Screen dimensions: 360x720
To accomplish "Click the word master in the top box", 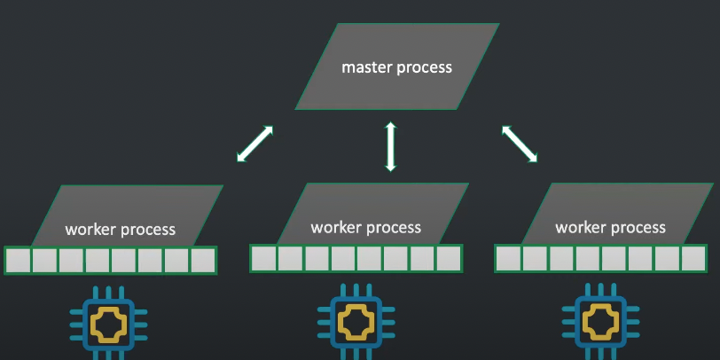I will pos(365,67).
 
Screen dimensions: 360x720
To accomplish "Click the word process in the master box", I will pos(422,68).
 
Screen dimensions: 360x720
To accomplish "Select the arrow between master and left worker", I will pos(254,144).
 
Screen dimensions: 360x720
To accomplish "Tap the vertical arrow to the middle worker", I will pos(388,146).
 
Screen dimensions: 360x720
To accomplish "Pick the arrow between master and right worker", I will pos(520,143).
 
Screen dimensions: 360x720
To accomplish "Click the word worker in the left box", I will pos(89,230).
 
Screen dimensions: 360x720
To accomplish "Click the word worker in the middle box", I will pos(334,228).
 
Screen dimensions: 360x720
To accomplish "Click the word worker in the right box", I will pos(579,228).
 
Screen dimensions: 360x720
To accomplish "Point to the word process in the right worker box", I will pos(637,229).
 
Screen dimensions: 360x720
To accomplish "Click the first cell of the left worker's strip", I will pos(19,261).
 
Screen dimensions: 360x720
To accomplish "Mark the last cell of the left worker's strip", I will pos(203,261).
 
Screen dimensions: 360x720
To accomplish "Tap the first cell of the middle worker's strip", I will pos(263,258).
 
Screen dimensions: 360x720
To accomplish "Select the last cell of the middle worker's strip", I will pos(449,258).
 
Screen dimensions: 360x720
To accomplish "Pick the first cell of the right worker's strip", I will pos(508,258).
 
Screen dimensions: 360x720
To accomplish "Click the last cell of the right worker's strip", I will pos(693,258).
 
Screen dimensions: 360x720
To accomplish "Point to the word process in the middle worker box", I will pos(392,229).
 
